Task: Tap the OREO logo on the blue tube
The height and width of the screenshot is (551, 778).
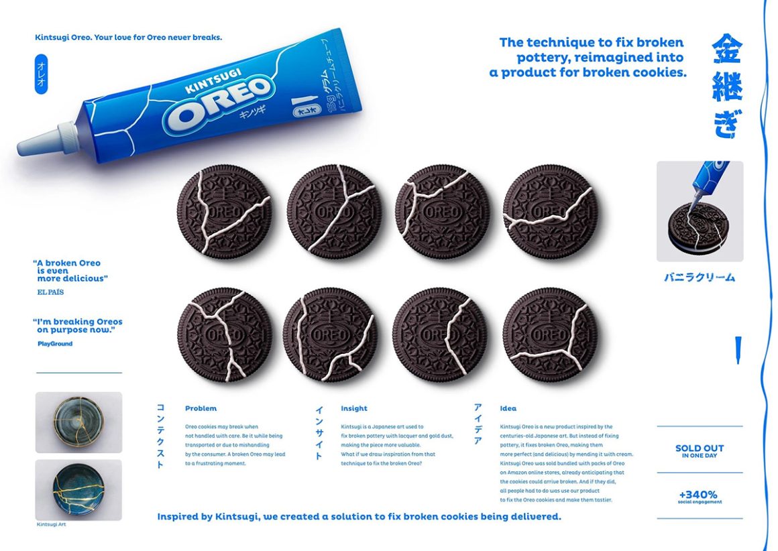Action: (x=221, y=103)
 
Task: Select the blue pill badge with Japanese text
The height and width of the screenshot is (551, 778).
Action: (x=41, y=74)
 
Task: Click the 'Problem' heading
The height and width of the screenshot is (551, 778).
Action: (x=201, y=408)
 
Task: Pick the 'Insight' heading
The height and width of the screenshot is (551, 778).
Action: (x=353, y=408)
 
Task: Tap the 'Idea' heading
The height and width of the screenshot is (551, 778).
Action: (x=508, y=408)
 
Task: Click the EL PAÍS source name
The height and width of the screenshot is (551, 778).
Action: (x=51, y=292)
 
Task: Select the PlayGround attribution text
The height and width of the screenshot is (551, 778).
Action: (x=55, y=344)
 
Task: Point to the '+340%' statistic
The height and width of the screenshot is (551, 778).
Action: (x=699, y=494)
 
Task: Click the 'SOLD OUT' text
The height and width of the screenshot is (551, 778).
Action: (x=699, y=448)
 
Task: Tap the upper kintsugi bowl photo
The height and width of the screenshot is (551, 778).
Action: (x=78, y=422)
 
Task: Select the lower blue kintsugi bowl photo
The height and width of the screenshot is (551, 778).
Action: (x=78, y=489)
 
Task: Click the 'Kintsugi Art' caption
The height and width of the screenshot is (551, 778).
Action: (x=51, y=524)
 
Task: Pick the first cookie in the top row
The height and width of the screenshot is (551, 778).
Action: (x=225, y=212)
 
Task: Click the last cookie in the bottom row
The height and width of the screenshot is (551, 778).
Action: (x=550, y=335)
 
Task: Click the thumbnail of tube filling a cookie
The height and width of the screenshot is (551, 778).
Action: (x=700, y=211)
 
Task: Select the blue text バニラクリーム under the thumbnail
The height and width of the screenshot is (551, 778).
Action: (x=700, y=277)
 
